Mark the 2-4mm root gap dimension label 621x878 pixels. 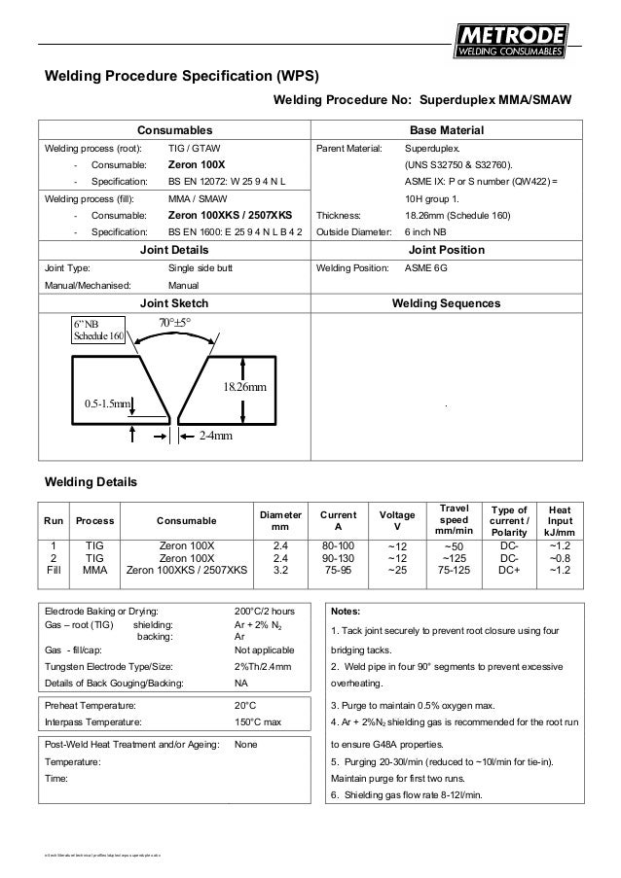[216, 437]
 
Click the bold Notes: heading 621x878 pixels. [347, 613]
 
